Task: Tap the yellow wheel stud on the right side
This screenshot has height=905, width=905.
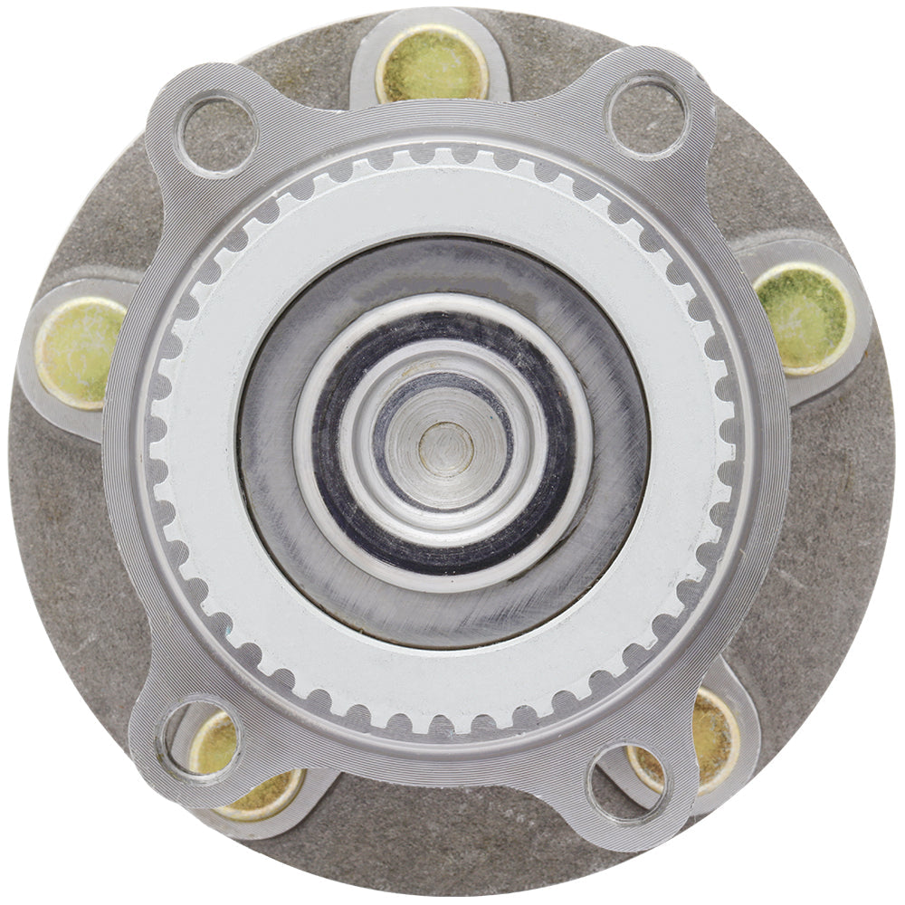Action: [x=804, y=318]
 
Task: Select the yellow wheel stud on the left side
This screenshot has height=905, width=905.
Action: [x=80, y=353]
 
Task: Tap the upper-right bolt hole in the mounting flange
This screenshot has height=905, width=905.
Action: [x=647, y=113]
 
